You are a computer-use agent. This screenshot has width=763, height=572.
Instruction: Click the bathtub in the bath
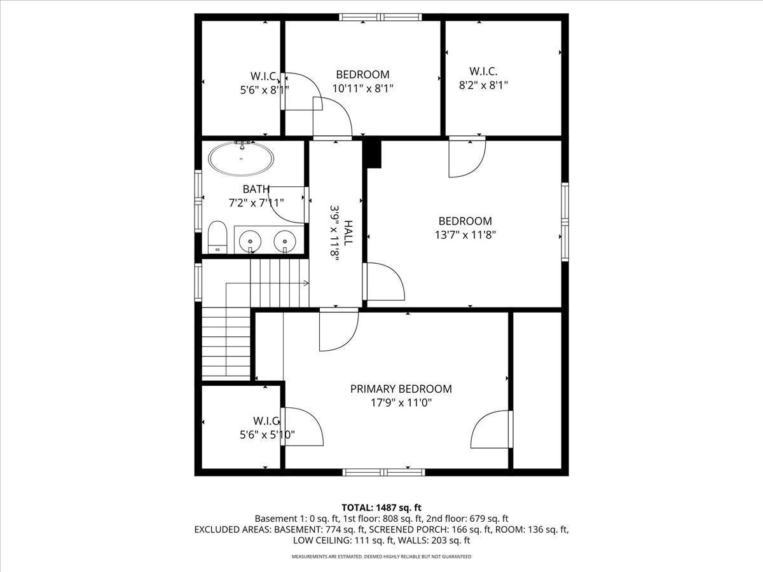pos(241,158)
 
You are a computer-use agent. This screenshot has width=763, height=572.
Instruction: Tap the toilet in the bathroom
pos(217,237)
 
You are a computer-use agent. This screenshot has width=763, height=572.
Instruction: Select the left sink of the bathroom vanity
pos(251,240)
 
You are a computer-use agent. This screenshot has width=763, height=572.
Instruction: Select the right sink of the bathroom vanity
pos(285,240)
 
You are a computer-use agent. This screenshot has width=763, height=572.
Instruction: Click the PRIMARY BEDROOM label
pos(401,389)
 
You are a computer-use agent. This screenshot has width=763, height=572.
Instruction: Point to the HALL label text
pos(348,233)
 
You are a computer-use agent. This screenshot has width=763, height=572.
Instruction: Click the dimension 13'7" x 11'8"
pos(465,235)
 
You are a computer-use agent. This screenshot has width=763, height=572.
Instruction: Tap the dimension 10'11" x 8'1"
pos(362,88)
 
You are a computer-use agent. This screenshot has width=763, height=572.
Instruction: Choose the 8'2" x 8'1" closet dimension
pos(483,85)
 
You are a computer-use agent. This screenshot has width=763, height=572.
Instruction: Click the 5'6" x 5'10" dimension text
pos(267,435)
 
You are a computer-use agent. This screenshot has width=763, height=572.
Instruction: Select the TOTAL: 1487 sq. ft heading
pos(381,508)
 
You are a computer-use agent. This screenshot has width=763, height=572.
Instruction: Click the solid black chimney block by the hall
pos(372,154)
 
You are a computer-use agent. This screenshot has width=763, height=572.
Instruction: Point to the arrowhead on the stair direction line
pos(306,283)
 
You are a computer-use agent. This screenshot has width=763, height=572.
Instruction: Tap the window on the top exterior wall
pos(381,17)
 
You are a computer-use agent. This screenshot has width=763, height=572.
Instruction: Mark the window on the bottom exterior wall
pos(384,472)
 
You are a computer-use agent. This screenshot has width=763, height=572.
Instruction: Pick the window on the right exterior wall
pos(565,222)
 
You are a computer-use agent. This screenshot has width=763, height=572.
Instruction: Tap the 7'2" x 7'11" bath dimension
pos(256,203)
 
